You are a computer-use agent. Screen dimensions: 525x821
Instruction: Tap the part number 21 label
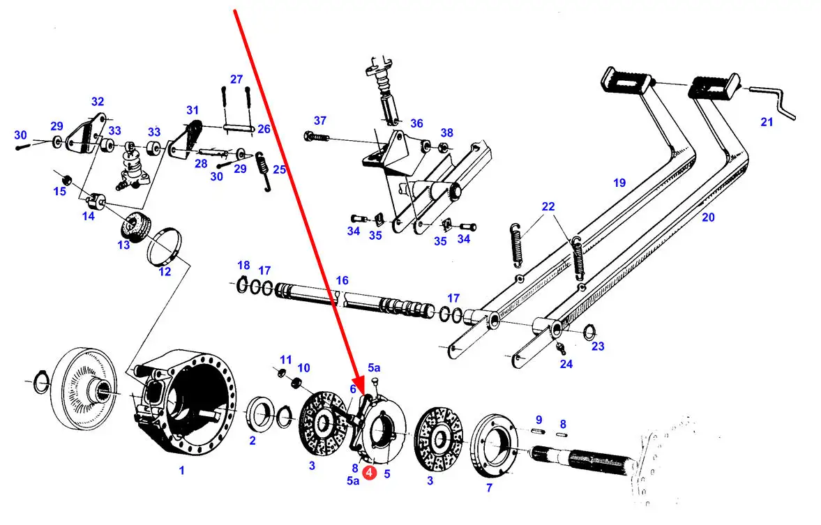click(767, 122)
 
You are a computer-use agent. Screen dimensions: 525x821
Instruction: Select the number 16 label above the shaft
click(342, 280)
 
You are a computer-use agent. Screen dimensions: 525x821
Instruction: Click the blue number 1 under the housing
click(181, 471)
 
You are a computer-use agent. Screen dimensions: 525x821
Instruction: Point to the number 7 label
click(489, 488)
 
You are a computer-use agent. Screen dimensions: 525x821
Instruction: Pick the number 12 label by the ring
click(165, 271)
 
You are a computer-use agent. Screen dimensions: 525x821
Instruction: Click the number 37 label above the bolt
click(319, 121)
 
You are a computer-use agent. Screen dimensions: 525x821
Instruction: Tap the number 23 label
click(598, 346)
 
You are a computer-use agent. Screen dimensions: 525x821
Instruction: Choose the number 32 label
click(97, 101)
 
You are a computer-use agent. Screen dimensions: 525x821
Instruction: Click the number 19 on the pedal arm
click(619, 183)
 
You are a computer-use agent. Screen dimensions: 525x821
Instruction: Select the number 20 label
click(708, 218)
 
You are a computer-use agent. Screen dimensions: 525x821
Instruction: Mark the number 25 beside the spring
click(279, 169)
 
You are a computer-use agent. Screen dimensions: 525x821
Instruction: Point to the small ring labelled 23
click(589, 330)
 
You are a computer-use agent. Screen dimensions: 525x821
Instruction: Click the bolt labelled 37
click(317, 136)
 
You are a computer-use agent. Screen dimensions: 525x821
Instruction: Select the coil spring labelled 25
click(264, 171)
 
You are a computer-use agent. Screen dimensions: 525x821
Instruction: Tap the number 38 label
click(446, 132)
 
